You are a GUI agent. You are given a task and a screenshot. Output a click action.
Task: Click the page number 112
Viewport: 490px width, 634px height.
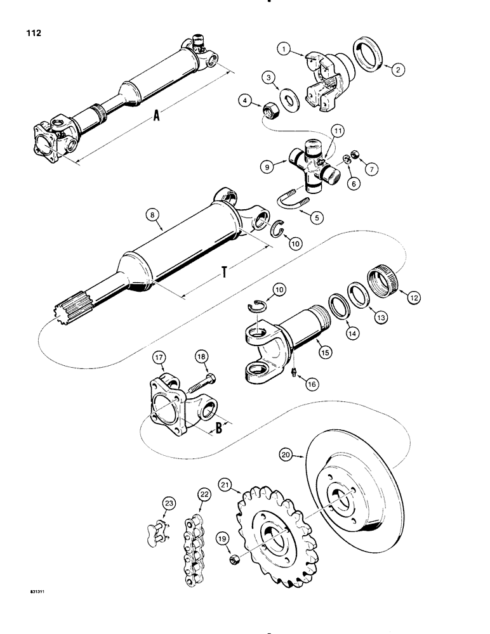(x=32, y=32)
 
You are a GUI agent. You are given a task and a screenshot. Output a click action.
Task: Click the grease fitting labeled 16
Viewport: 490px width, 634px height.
(x=295, y=370)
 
